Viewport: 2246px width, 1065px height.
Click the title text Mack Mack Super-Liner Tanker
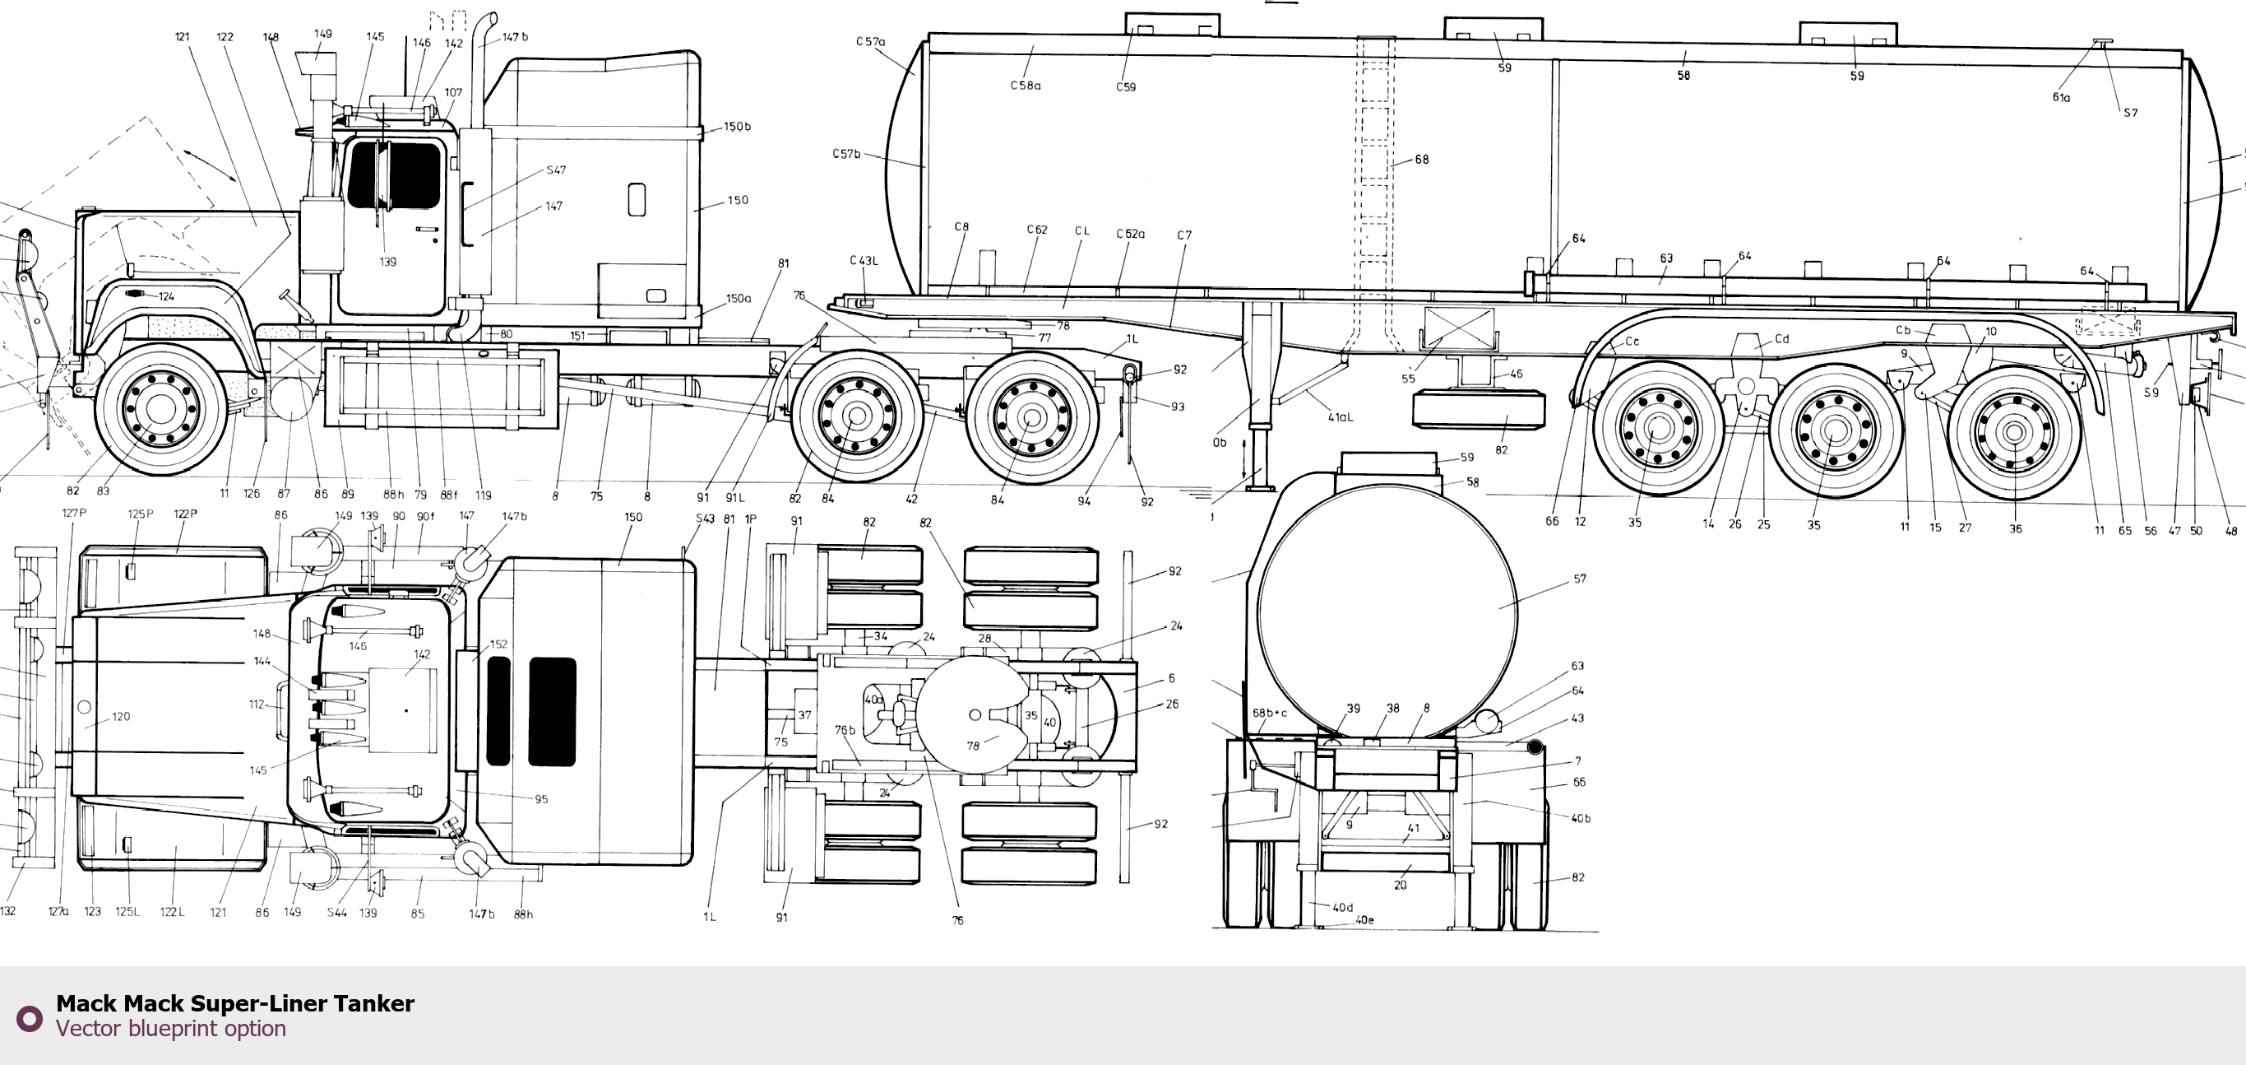234,1003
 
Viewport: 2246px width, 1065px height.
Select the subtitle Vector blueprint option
171,1028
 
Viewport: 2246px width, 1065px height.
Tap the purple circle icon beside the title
30,1018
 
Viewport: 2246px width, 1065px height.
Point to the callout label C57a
870,41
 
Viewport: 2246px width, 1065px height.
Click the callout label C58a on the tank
1026,86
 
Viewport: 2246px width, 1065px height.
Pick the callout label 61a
2061,97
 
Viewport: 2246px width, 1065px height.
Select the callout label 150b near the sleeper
737,127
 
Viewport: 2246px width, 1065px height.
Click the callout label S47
556,170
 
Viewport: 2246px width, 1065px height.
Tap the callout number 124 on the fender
165,296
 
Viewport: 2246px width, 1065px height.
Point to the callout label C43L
864,260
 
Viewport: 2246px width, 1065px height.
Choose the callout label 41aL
1340,417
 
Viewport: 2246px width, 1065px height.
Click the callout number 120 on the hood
120,716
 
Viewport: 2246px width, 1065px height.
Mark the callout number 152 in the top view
498,644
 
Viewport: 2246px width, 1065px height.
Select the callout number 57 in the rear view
1580,579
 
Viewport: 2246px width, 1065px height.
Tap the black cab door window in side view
394,175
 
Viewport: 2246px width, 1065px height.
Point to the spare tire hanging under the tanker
1479,411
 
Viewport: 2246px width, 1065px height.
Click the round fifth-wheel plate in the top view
970,714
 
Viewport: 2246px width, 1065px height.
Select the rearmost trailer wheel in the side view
2014,433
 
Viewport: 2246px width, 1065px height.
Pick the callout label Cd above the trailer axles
1782,338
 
